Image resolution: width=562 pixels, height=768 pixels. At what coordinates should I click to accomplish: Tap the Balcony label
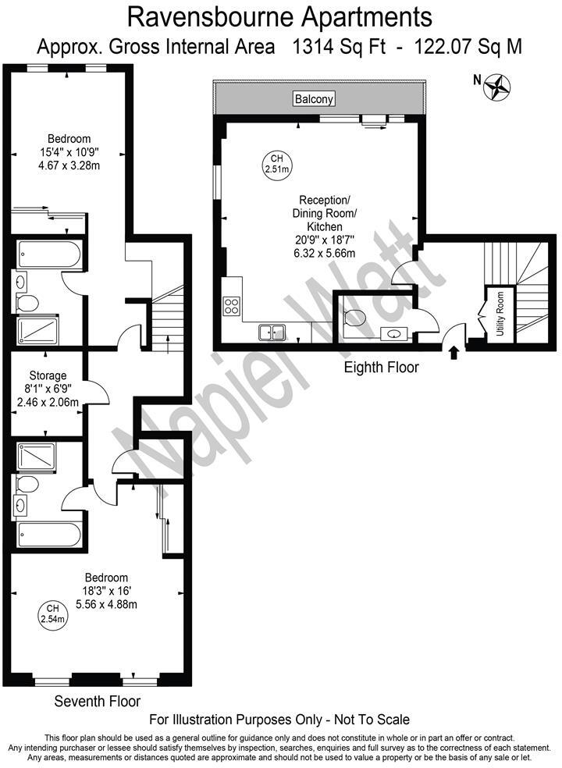315,99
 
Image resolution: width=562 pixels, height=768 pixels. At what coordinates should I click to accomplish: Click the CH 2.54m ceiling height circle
53,614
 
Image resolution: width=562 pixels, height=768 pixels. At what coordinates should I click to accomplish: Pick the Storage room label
48,375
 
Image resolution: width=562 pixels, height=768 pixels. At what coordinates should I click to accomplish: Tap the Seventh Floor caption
98,702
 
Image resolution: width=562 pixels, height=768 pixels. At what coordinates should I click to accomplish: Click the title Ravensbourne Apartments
279,15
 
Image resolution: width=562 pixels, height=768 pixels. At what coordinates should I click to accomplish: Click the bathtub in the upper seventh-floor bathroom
50,253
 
